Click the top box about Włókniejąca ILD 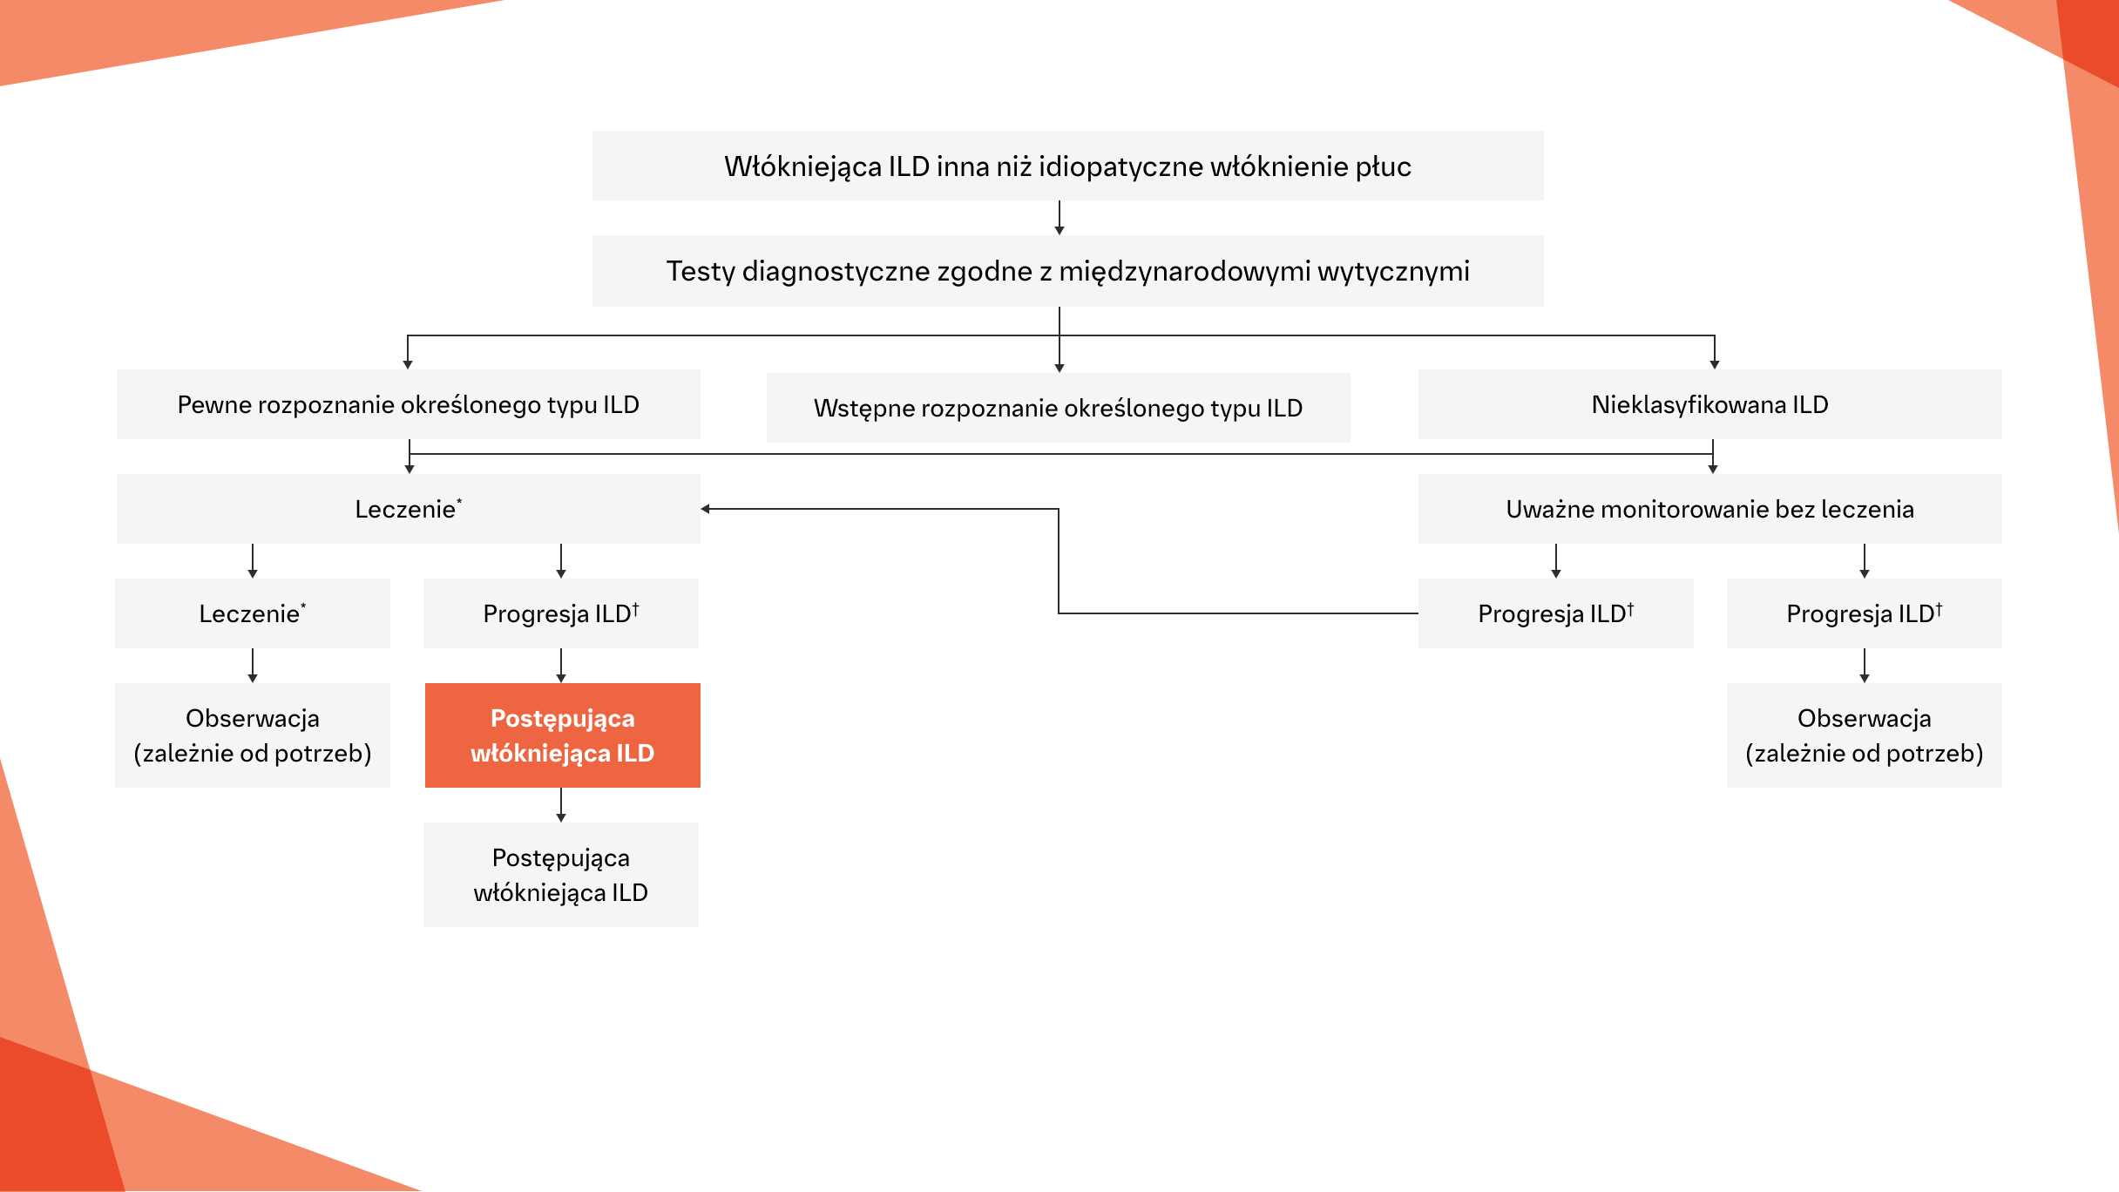pyautogui.click(x=1067, y=166)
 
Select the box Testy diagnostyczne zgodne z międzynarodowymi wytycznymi pyautogui.click(x=1067, y=271)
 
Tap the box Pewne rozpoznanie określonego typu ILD pyautogui.click(x=408, y=404)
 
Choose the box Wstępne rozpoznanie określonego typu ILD pyautogui.click(x=1058, y=408)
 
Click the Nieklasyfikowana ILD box pyautogui.click(x=1709, y=404)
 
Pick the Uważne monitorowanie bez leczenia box pyautogui.click(x=1709, y=509)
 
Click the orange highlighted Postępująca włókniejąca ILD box pyautogui.click(x=562, y=735)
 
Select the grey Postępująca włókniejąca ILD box pyautogui.click(x=560, y=875)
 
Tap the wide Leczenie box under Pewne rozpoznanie pyautogui.click(x=408, y=509)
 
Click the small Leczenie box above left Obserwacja pyautogui.click(x=252, y=613)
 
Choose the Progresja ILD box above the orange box pyautogui.click(x=560, y=613)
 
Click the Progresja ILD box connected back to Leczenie pyautogui.click(x=1555, y=613)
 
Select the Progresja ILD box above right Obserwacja pyautogui.click(x=1864, y=613)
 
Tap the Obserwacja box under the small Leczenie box pyautogui.click(x=252, y=735)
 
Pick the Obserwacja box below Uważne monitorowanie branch pyautogui.click(x=1864, y=735)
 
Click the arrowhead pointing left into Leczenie pyautogui.click(x=706, y=509)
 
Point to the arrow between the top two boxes pyautogui.click(x=1059, y=218)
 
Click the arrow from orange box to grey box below pyautogui.click(x=561, y=805)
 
